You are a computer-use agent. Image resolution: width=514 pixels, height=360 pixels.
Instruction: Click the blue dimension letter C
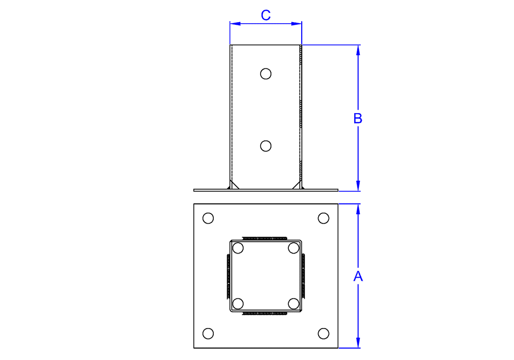click(x=266, y=15)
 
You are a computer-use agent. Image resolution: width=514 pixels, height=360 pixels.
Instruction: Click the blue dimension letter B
click(x=358, y=118)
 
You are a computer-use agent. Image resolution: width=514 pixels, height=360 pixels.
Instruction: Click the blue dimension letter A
click(x=358, y=276)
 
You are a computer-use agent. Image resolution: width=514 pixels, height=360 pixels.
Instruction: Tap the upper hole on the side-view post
click(x=266, y=74)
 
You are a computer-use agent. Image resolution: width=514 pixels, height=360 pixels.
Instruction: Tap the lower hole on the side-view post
click(x=266, y=146)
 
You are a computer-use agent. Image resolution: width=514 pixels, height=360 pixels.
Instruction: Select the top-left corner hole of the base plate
click(x=208, y=218)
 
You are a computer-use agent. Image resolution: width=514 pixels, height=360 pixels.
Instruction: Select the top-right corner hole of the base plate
click(x=323, y=218)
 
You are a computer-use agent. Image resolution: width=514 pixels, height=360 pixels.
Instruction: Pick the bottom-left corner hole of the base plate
click(x=208, y=333)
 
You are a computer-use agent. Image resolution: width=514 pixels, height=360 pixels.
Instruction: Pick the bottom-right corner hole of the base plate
click(x=323, y=333)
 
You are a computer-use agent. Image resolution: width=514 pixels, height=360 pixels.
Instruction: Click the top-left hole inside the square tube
click(x=238, y=248)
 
